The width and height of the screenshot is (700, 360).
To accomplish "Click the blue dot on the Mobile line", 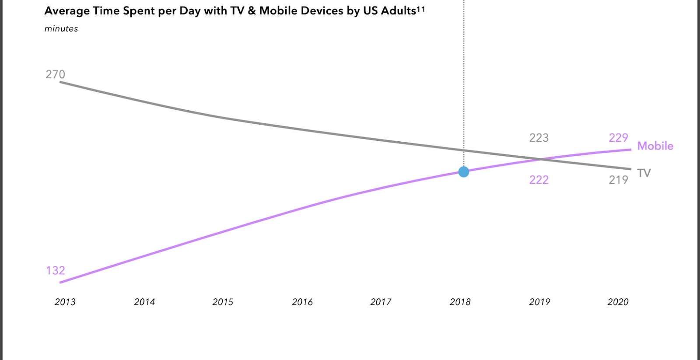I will click(464, 172).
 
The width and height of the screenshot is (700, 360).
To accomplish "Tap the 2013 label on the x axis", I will click(65, 302).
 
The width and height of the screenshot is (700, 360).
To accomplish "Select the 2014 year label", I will click(144, 302).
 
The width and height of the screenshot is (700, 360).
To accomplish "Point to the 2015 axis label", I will click(223, 302).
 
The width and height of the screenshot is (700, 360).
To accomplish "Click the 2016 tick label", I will click(302, 302).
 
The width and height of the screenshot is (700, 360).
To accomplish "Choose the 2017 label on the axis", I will click(381, 302).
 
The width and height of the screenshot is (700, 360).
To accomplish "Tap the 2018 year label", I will click(460, 302).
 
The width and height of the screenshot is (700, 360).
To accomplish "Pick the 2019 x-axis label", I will click(539, 302).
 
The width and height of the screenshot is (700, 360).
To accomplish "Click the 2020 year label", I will click(618, 302).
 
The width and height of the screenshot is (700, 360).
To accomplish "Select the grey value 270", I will click(55, 74).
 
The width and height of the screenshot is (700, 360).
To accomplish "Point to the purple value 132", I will click(56, 271).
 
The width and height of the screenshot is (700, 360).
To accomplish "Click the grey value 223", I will click(539, 138).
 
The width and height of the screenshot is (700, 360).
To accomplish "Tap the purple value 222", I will click(539, 180).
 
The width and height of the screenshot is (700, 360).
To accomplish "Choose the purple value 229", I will click(619, 138).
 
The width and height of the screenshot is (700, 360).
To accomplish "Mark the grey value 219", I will click(619, 180).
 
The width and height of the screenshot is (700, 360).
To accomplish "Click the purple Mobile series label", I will click(655, 146).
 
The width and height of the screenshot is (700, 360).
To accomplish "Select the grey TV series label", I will click(644, 173).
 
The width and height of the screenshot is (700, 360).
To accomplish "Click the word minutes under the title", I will click(61, 29).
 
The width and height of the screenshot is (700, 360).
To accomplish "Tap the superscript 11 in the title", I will click(420, 8).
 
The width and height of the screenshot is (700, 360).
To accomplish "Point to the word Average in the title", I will click(67, 11).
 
